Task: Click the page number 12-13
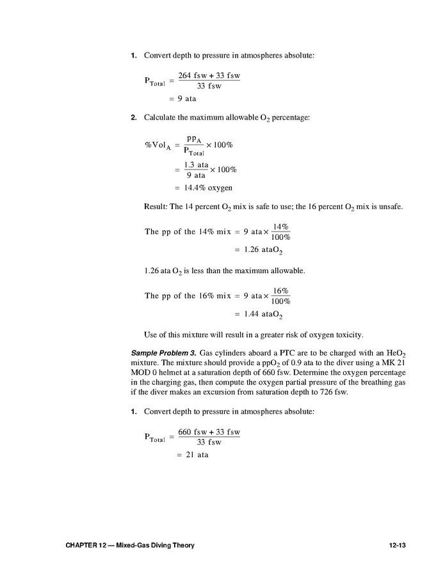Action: point(398,545)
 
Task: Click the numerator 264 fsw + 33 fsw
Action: point(209,75)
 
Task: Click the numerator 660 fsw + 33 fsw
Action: point(209,432)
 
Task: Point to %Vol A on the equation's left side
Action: point(158,145)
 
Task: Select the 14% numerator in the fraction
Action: point(280,226)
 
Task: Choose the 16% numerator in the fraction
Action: point(280,290)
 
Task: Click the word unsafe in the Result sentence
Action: point(389,208)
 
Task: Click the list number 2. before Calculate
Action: point(134,118)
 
